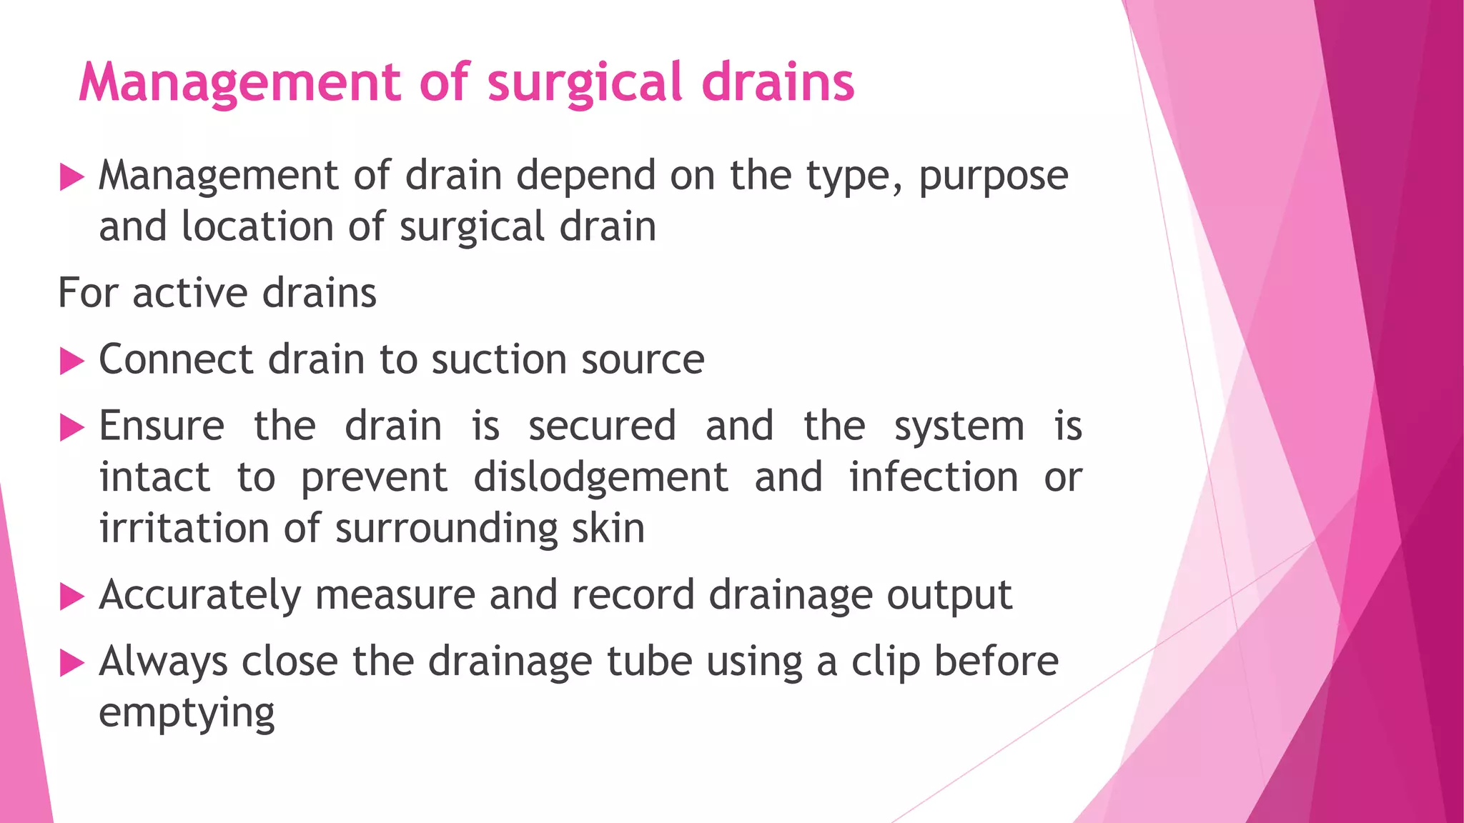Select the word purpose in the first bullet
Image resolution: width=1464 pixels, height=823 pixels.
pos(993,176)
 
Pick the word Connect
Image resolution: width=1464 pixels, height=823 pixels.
pos(176,359)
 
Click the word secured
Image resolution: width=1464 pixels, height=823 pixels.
pos(602,427)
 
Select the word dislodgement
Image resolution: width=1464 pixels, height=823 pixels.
pos(600,477)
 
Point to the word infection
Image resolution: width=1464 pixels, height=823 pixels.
pos(934,477)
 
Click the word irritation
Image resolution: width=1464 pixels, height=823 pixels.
pos(184,529)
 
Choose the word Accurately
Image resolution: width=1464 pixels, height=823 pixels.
pos(200,596)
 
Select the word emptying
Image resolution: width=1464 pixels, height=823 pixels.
pos(187,714)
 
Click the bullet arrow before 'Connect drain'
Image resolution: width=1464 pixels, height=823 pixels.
pos(72,361)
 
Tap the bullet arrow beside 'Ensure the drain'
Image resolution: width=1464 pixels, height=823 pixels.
pos(72,428)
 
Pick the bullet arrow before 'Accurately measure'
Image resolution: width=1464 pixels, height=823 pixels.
pos(72,597)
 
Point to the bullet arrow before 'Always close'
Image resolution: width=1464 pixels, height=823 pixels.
pos(72,663)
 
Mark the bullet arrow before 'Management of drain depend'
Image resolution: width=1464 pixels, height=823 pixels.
pos(72,177)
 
